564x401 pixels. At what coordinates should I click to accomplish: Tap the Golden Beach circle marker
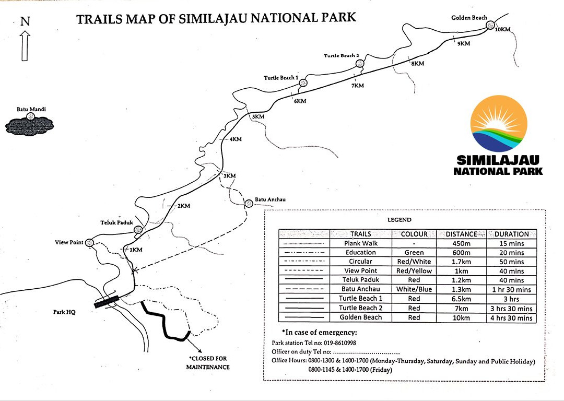point(490,25)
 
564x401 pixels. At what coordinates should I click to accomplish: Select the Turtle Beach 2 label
point(341,56)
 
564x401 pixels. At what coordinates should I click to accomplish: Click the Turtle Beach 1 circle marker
point(303,82)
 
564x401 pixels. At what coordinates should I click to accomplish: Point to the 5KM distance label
point(258,116)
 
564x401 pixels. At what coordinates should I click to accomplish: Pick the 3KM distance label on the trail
point(229,175)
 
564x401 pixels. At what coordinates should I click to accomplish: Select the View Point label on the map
point(69,242)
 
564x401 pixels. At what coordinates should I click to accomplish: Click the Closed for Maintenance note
point(209,363)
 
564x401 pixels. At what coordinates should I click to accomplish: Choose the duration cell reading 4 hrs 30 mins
point(512,318)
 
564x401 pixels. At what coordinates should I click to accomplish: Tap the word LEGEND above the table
point(399,220)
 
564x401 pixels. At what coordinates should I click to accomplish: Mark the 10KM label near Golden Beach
point(502,29)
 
